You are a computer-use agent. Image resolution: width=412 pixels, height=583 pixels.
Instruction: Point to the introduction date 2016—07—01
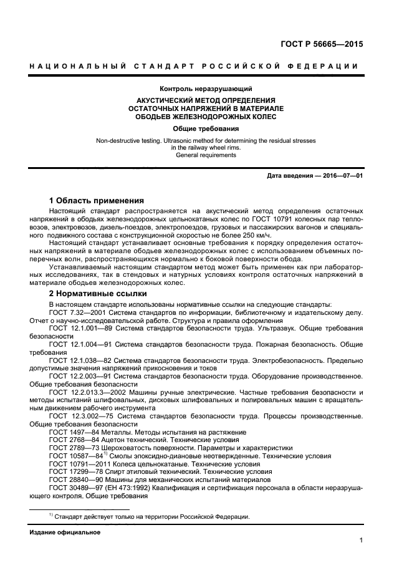pyautogui.click(x=340, y=176)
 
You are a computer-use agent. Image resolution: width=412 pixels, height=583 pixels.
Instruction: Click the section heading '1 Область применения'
pyautogui.click(x=97, y=201)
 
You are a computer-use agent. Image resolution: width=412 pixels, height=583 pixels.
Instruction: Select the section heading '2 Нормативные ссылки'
pyautogui.click(x=98, y=292)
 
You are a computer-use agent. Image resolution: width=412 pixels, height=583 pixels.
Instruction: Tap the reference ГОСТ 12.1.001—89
pyautogui.click(x=81, y=327)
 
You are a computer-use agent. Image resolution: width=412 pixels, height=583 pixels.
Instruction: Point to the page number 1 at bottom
pyautogui.click(x=361, y=541)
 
